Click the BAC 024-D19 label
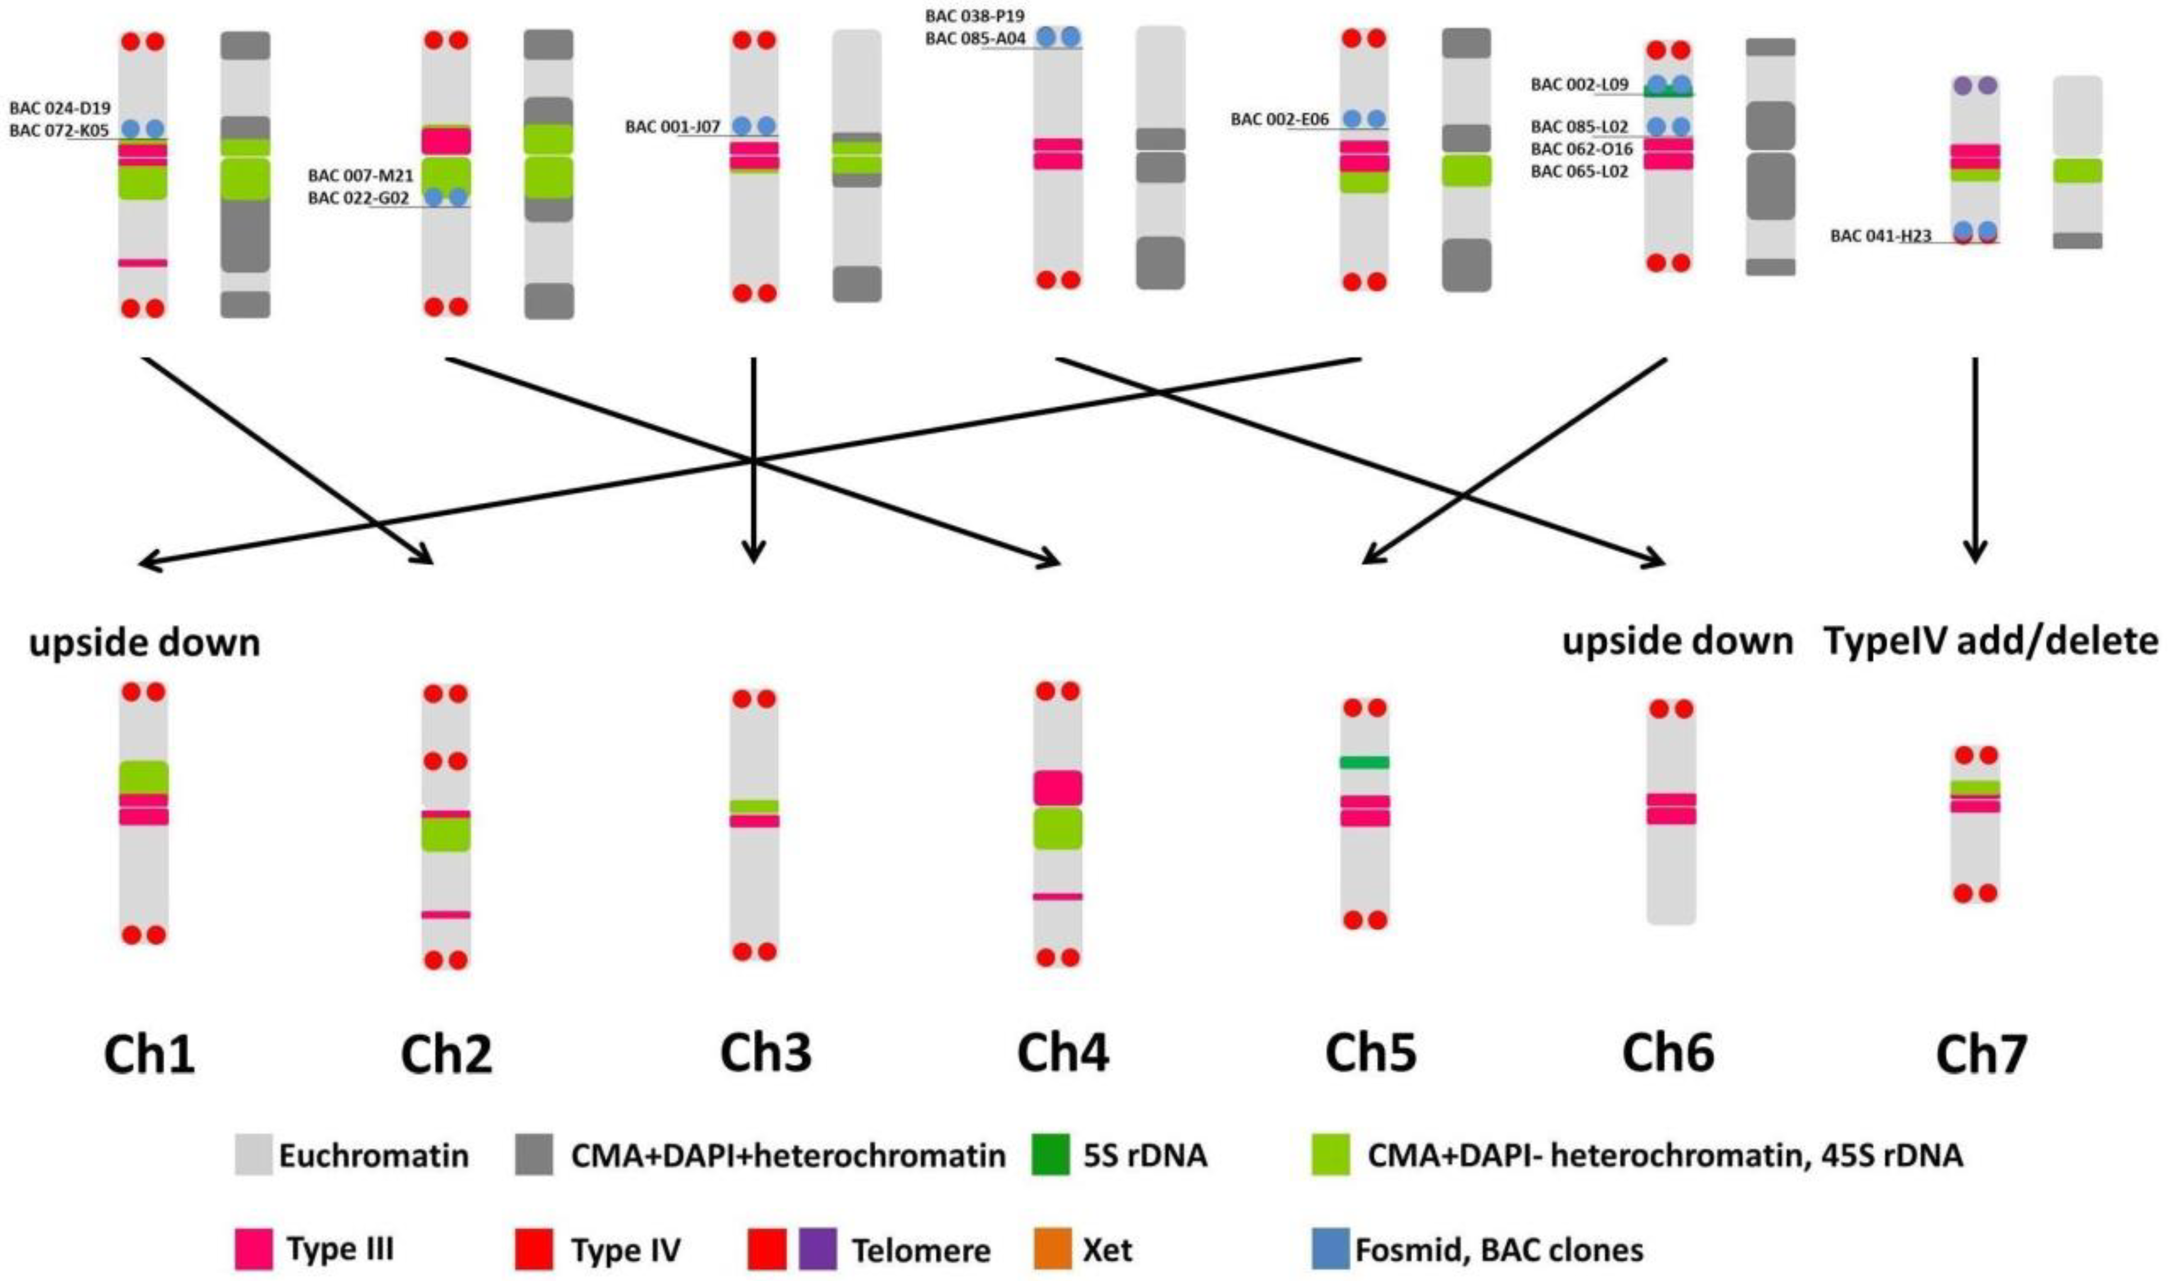[x=61, y=109]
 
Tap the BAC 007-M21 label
[x=361, y=176]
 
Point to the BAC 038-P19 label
[x=974, y=15]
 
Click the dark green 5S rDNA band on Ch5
[x=1364, y=762]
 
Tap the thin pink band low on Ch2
[x=445, y=914]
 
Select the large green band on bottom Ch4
[x=1058, y=828]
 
